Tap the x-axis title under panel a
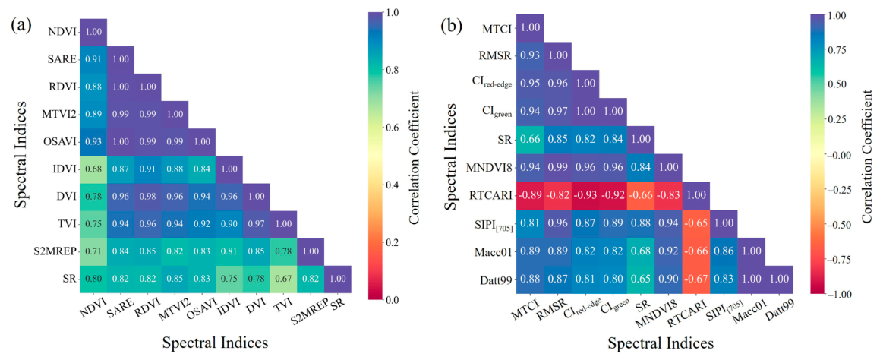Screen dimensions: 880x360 pos(216,343)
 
